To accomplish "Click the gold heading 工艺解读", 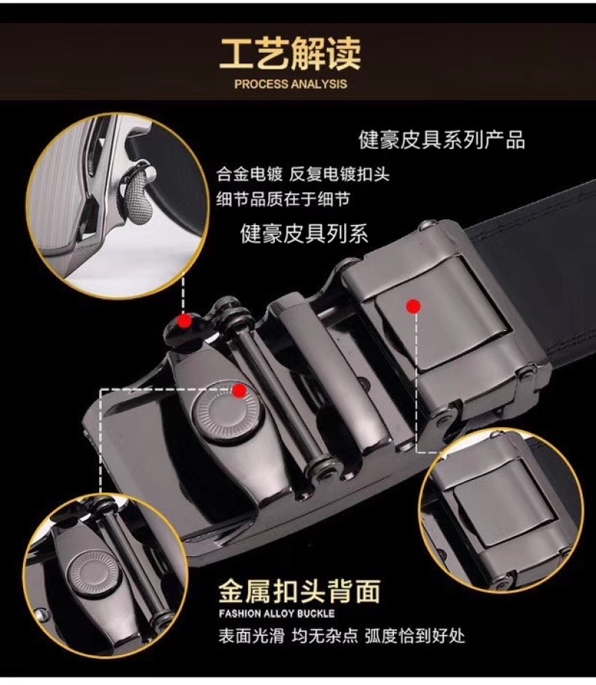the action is coord(291,54).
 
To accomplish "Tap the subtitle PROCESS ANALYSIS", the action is coord(291,84).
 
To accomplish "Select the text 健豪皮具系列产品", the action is coord(442,140).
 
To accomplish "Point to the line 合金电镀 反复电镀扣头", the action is coord(302,174).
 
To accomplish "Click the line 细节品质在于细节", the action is coord(283,199).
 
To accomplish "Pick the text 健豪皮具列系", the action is coord(304,233).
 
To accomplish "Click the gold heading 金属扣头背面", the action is coord(299,591).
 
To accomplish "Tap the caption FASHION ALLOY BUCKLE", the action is coord(277,613).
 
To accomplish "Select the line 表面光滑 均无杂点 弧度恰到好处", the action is coord(342,636).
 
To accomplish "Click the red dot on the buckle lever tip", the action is coord(185,322).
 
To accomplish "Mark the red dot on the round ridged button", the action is coord(238,391).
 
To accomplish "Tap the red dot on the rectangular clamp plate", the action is coord(413,306).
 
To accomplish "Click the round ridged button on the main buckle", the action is coord(227,412).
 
